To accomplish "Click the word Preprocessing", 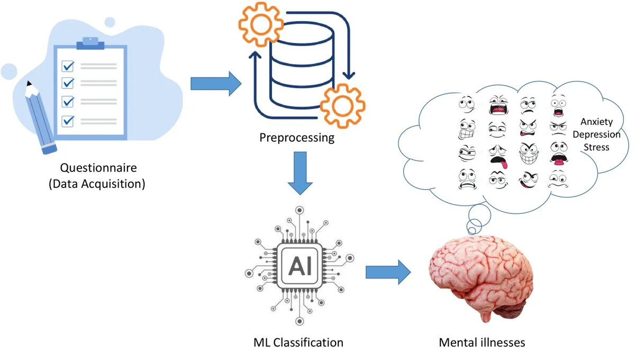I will point(297,138).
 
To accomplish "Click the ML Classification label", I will point(298,343).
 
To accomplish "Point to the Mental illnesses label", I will point(482,343).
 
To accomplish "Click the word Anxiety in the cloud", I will point(596,122).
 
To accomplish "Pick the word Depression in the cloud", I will point(596,134).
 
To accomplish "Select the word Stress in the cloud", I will point(596,147).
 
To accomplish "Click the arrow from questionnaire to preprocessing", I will point(215,84).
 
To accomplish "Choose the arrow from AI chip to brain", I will point(388,272).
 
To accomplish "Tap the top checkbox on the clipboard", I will point(68,66).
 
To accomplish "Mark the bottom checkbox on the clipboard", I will point(68,121).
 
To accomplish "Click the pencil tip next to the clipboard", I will point(29,85).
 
